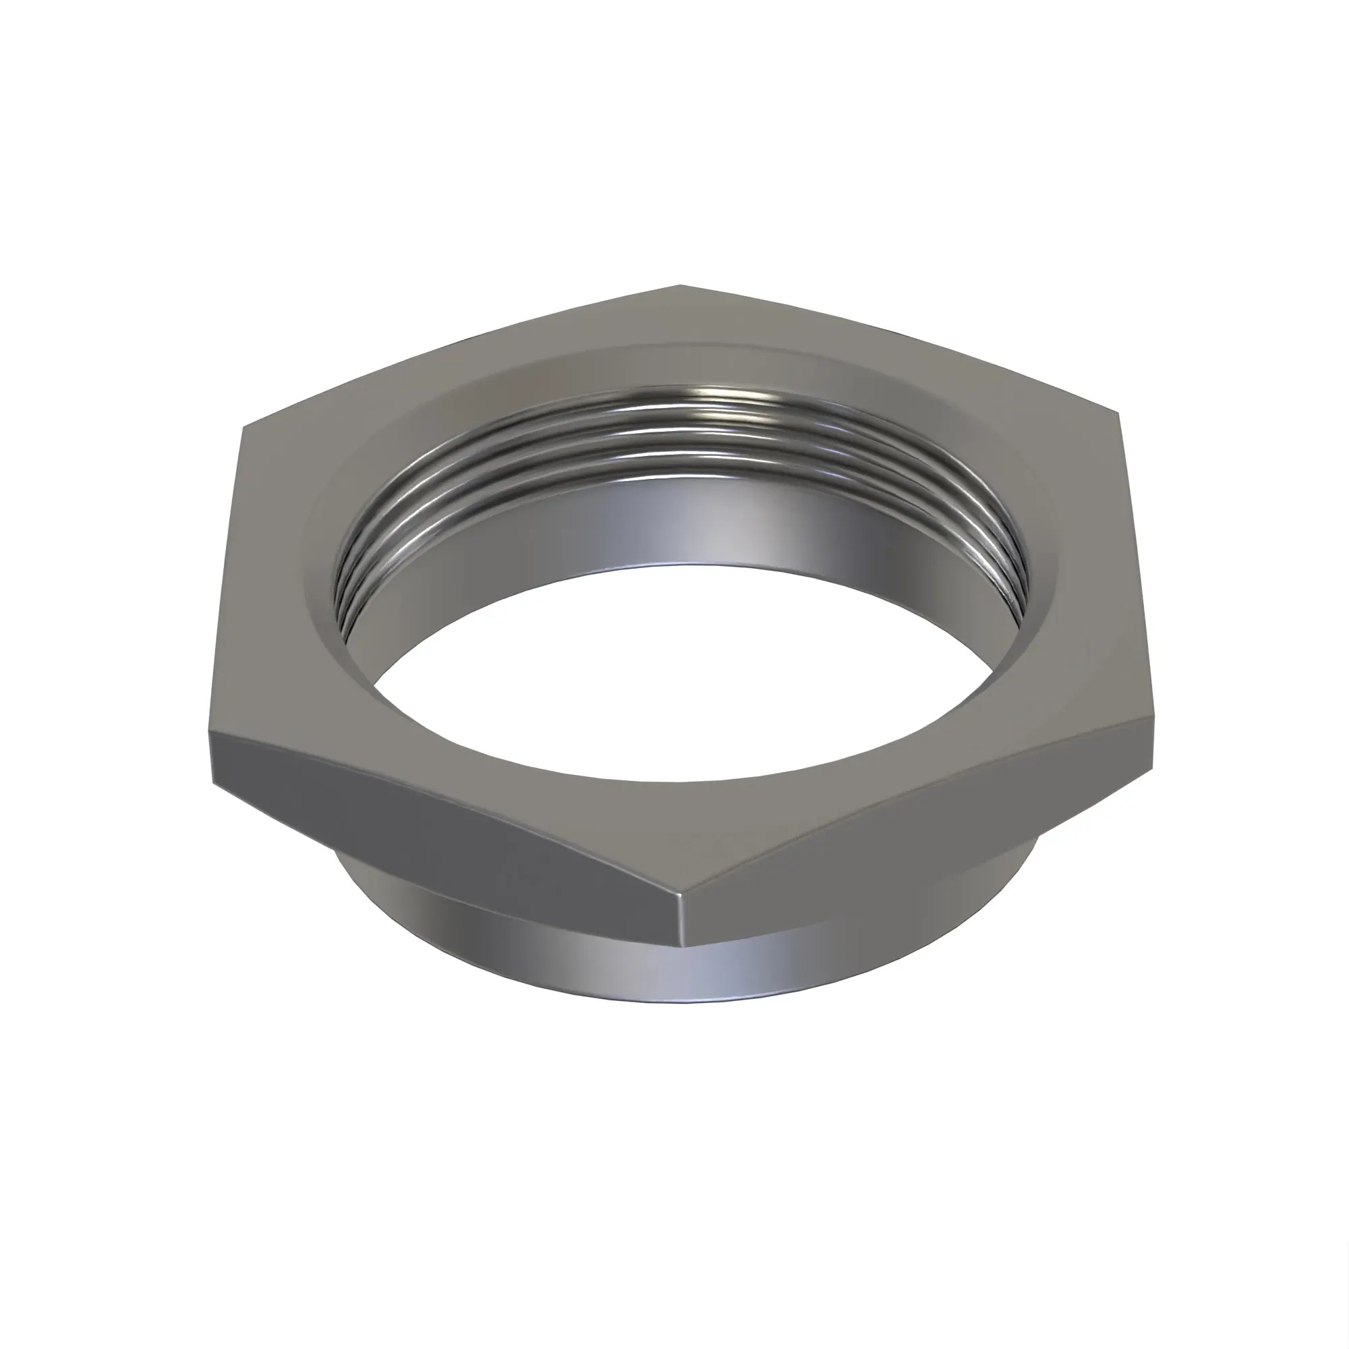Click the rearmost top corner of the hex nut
[x=679, y=285]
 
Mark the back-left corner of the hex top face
[x=241, y=429]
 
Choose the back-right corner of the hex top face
[x=1118, y=413]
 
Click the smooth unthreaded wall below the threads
[x=698, y=523]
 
